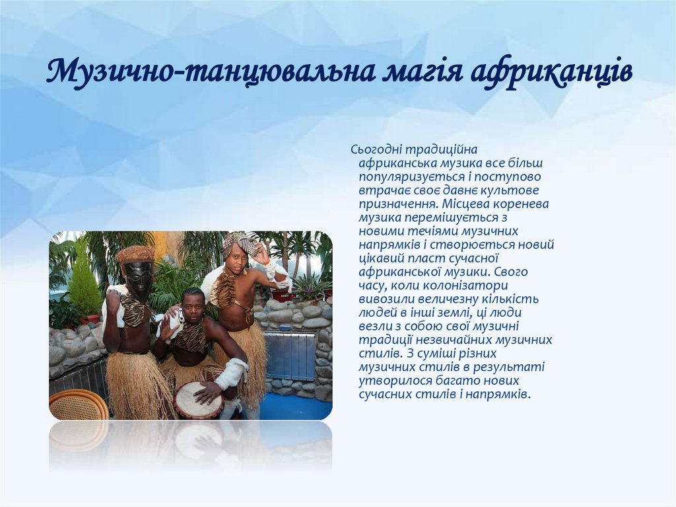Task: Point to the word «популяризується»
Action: (x=403, y=176)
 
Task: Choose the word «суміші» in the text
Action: (x=448, y=354)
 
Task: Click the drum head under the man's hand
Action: (x=197, y=401)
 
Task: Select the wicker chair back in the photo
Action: (x=78, y=405)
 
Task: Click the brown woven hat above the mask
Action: (x=135, y=254)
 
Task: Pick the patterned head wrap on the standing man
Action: (x=239, y=243)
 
